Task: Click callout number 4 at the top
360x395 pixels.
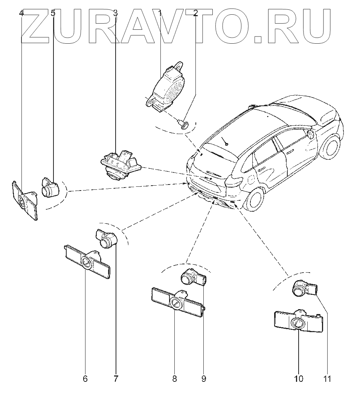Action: tap(21, 14)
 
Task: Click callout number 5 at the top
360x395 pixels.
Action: tap(53, 14)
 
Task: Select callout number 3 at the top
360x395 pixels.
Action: tap(115, 14)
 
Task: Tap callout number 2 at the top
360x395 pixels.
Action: tap(195, 14)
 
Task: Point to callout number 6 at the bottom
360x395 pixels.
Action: tap(85, 378)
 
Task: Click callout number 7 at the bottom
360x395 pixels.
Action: tap(116, 378)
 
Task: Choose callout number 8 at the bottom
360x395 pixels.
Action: tap(175, 378)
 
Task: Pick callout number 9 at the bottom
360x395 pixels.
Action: tap(204, 378)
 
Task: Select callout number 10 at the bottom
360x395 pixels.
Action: tap(299, 378)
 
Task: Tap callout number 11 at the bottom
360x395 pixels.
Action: tap(327, 378)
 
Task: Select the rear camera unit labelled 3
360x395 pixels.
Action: tap(119, 164)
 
